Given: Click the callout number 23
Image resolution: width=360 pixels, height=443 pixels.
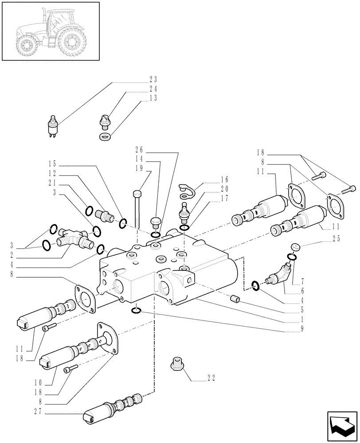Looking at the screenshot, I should click(153, 80).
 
